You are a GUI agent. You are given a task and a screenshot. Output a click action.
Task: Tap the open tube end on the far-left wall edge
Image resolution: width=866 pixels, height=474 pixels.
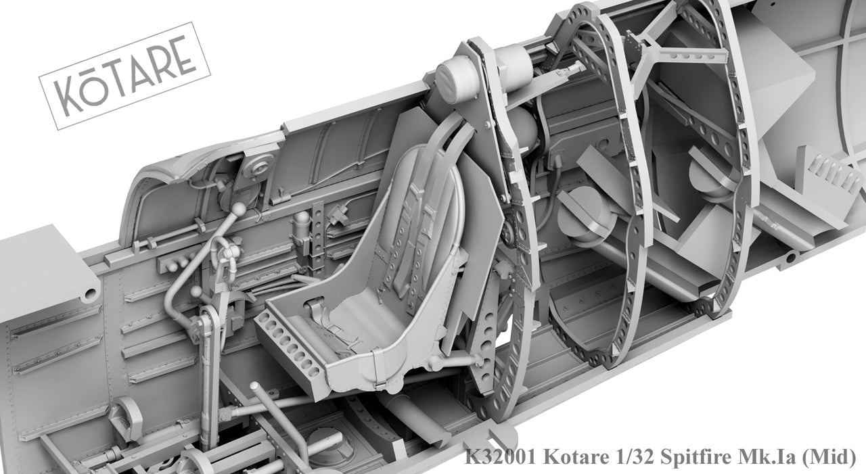[89, 293]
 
